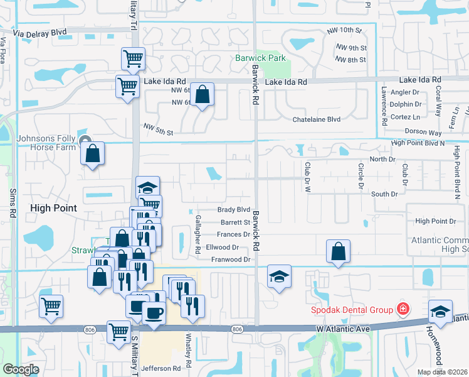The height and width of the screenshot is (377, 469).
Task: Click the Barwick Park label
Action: click(260, 58)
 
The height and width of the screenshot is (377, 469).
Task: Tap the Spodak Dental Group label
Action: click(353, 310)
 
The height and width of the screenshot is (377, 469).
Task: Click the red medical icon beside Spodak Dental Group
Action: click(402, 309)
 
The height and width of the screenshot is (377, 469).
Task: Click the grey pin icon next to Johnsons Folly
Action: click(85, 139)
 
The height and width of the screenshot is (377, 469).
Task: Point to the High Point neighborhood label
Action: click(53, 208)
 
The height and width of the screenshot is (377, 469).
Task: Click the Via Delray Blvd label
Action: click(42, 32)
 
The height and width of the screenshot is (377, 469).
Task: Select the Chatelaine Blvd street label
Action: click(317, 119)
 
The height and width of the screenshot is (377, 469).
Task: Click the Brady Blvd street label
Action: click(233, 210)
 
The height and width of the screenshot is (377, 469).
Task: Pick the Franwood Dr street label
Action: click(231, 260)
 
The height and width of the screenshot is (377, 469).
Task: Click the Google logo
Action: click(21, 369)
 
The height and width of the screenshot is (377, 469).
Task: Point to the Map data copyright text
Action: click(442, 372)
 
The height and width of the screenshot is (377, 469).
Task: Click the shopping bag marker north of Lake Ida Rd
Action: click(203, 96)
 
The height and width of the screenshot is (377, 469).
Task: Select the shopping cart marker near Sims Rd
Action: click(51, 306)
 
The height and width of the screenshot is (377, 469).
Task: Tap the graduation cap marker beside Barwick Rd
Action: click(279, 276)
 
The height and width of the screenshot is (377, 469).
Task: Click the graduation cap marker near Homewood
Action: click(441, 311)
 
